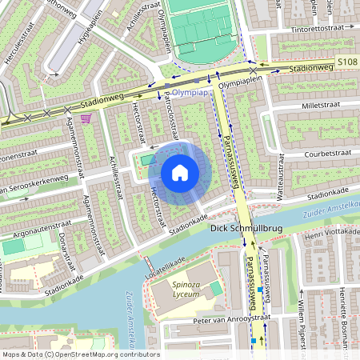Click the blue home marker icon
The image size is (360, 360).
pyautogui.click(x=180, y=173)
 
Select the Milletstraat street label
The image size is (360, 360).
pyautogui.click(x=309, y=104)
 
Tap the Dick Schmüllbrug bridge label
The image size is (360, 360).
pyautogui.click(x=246, y=228)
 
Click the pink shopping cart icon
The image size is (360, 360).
pyautogui.click(x=86, y=118)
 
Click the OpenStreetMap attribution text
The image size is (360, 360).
pyautogui.click(x=80, y=354)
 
